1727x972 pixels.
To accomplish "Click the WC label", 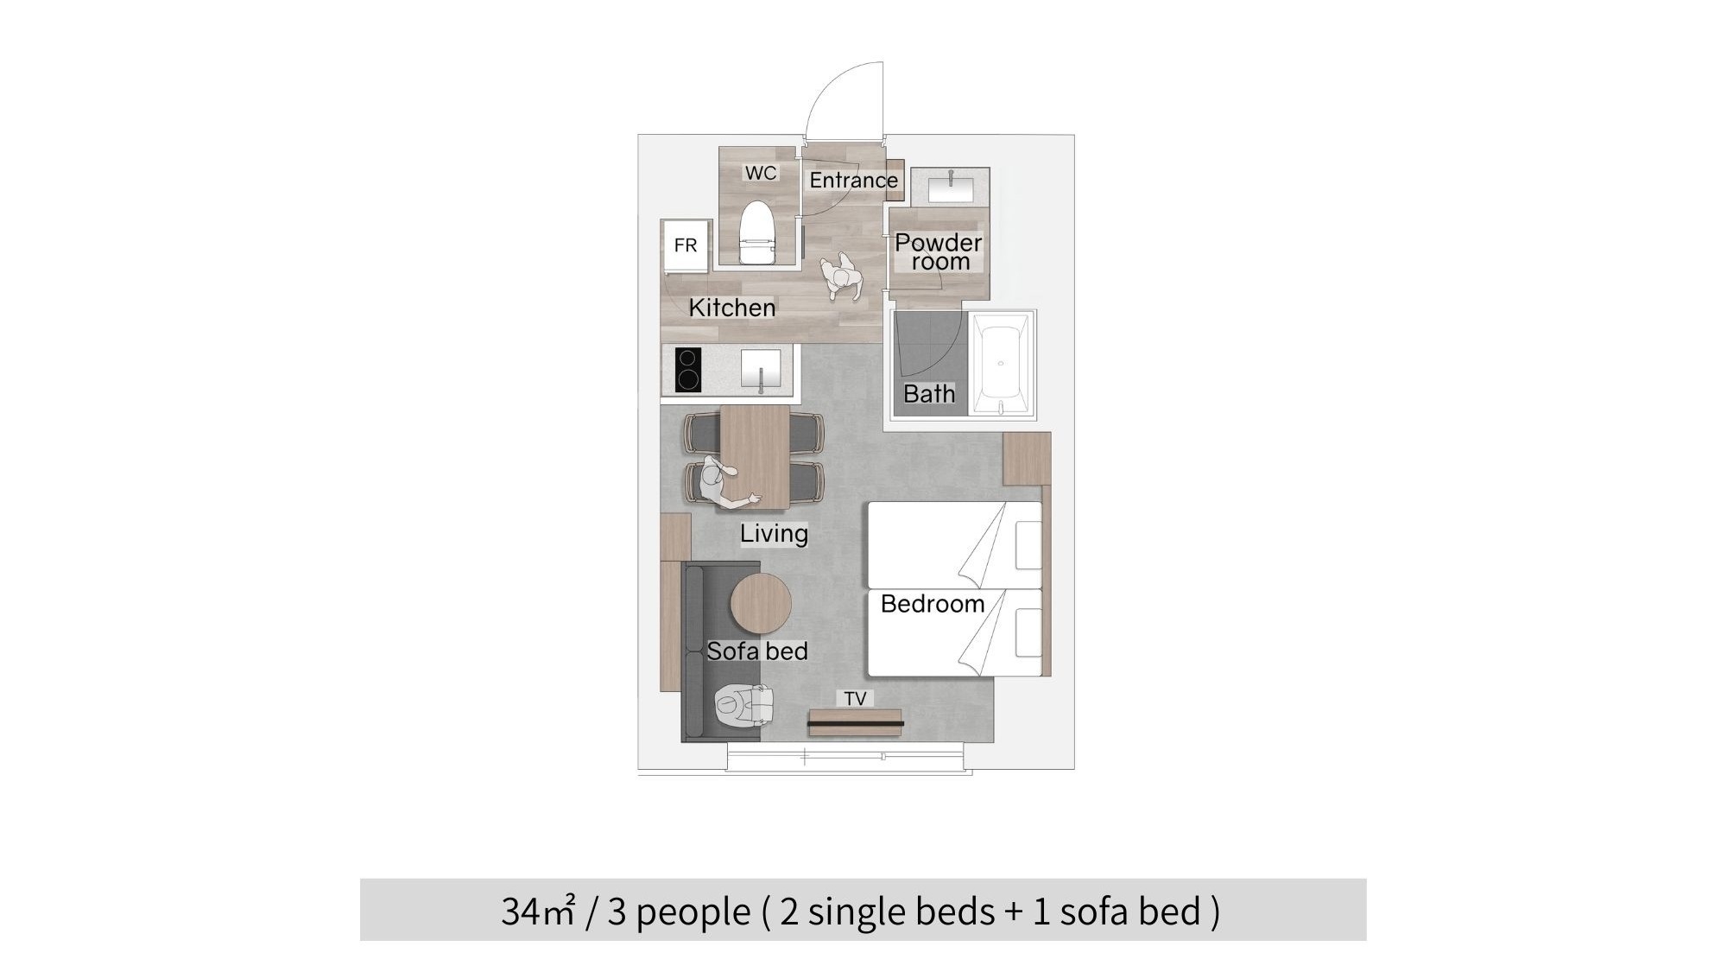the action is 761,173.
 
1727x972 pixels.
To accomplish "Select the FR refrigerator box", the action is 685,245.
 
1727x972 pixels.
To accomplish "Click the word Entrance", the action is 853,180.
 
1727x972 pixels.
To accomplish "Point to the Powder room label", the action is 939,251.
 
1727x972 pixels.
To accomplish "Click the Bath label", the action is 929,394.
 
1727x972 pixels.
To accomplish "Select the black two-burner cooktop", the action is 687,369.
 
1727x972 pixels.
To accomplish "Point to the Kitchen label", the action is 732,308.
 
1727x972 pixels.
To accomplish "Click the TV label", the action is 855,698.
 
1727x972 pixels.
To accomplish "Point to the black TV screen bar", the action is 857,723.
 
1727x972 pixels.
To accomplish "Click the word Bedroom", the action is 933,604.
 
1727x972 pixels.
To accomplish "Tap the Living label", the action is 774,533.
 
